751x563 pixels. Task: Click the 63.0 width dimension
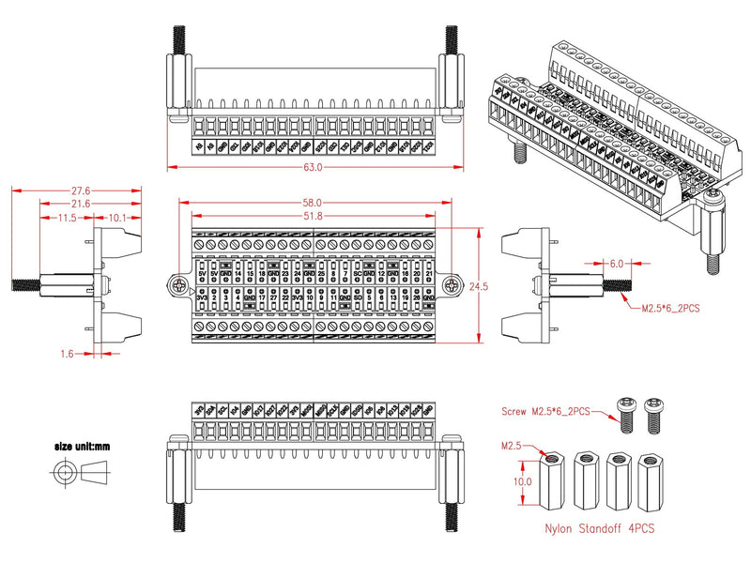click(x=313, y=168)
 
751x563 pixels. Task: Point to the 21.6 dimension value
click(x=82, y=204)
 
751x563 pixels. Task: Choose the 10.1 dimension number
click(x=117, y=218)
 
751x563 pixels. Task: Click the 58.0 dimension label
click(x=313, y=203)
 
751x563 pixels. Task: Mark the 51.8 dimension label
click(x=313, y=217)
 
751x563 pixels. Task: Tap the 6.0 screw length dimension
click(x=616, y=264)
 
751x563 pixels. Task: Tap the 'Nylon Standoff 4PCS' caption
click(x=600, y=529)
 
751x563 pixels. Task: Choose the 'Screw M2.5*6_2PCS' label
click(x=548, y=409)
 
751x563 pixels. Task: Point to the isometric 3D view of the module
click(x=606, y=150)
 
